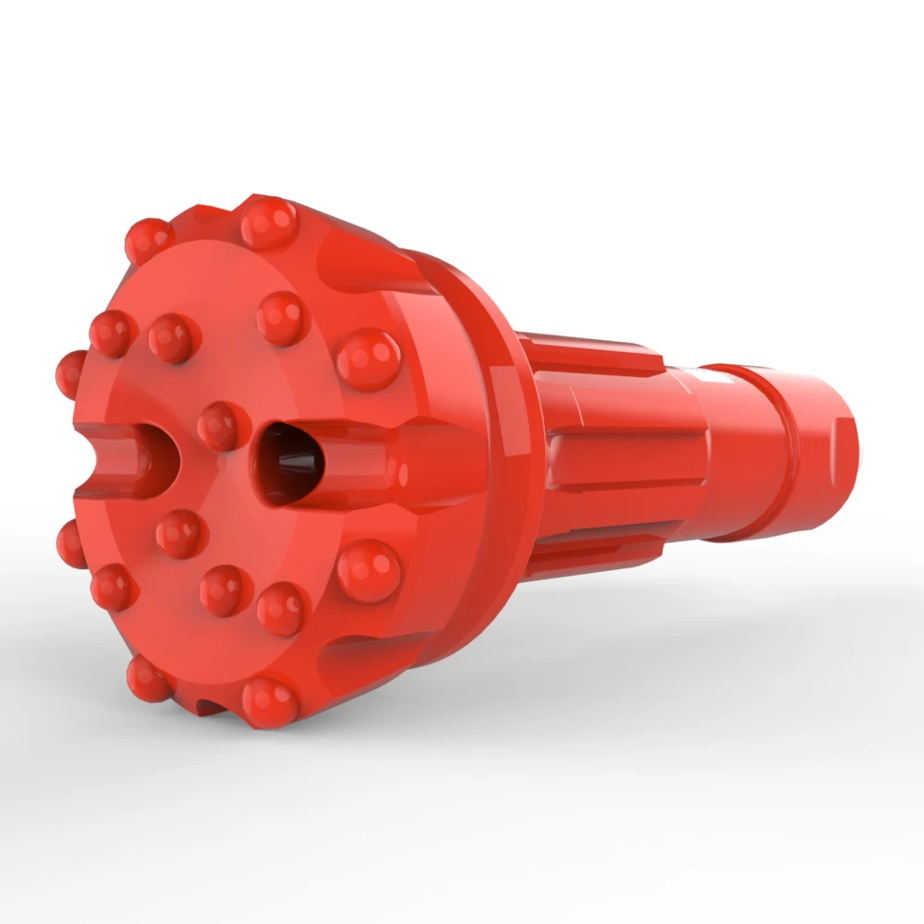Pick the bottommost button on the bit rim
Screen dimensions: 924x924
(x=271, y=701)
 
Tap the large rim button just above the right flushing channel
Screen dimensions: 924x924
(x=369, y=359)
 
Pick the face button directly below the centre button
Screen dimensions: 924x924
(x=180, y=533)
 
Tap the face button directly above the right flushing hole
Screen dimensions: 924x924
(x=281, y=318)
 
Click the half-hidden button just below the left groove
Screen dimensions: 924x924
(x=71, y=543)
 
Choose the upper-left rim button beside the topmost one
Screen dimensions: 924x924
(x=149, y=240)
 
